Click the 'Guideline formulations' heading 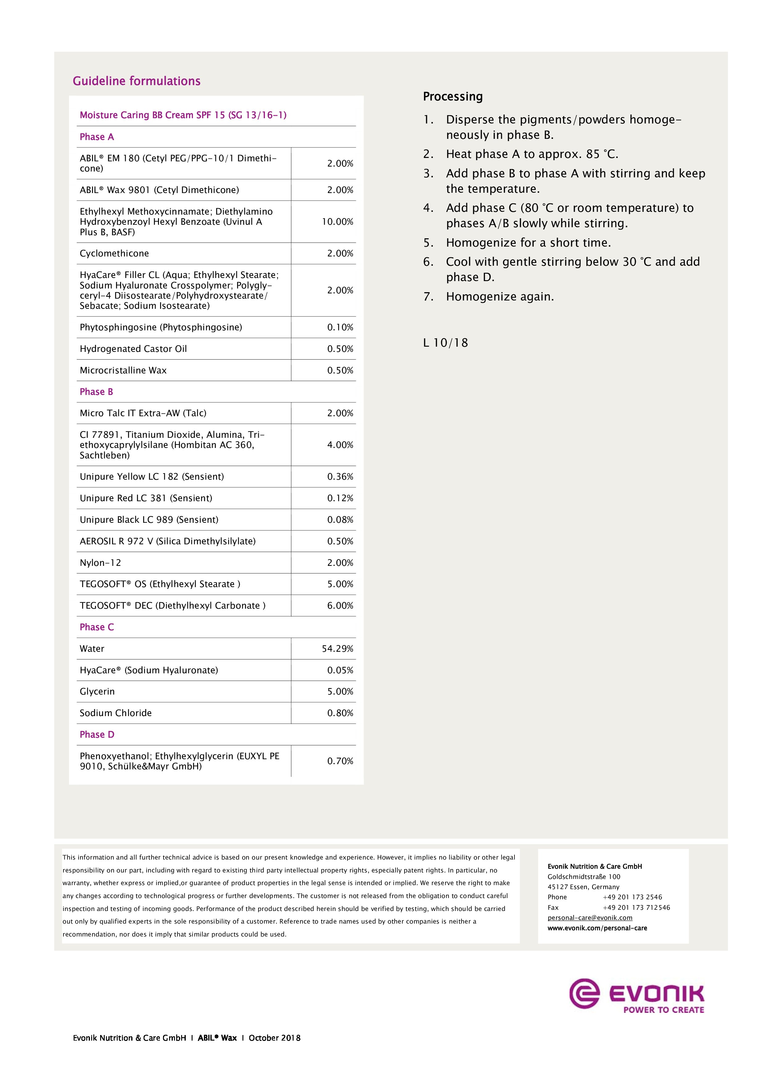pos(136,81)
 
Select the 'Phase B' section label pos(96,392)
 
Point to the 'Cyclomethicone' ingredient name pos(114,254)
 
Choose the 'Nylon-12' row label pos(100,562)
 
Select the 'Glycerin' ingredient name pos(97,691)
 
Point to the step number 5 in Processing pos(428,243)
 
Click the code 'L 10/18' pos(445,343)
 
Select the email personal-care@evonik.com pos(590,918)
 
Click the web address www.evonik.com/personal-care pos(597,928)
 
